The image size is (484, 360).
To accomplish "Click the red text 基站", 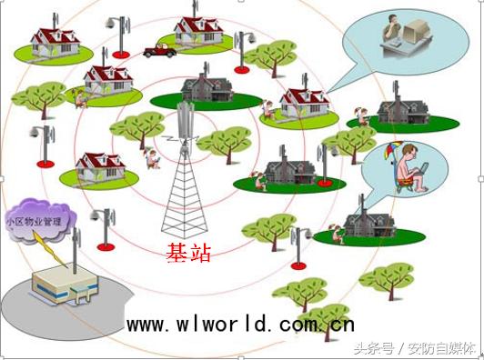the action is click(189, 253).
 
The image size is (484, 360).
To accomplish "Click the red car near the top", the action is click(159, 51).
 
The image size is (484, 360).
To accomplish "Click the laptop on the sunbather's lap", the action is click(419, 170).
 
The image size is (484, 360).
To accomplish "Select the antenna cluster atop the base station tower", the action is click(186, 119).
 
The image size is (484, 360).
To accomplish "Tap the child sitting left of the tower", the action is click(151, 160).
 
